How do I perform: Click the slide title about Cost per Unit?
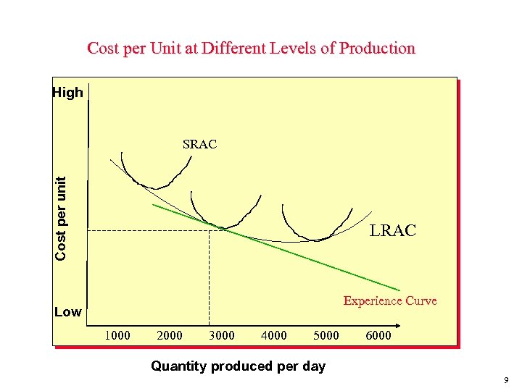pos(251,49)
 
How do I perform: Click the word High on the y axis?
pos(67,93)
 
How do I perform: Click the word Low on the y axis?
pos(68,312)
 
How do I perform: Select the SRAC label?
pos(199,144)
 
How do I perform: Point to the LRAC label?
pos(392,231)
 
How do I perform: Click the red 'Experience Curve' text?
pos(390,300)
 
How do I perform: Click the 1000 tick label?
pos(117,335)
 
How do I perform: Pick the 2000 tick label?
pos(170,335)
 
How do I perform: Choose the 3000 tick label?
pos(222,335)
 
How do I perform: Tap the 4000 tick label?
pos(274,335)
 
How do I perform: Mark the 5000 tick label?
pos(326,335)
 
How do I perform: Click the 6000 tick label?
pos(378,335)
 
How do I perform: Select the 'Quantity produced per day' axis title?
pos(238,366)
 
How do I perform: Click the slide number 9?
pos(506,379)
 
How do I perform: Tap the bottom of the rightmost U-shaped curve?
pos(315,239)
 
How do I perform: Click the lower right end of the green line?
pos(399,291)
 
